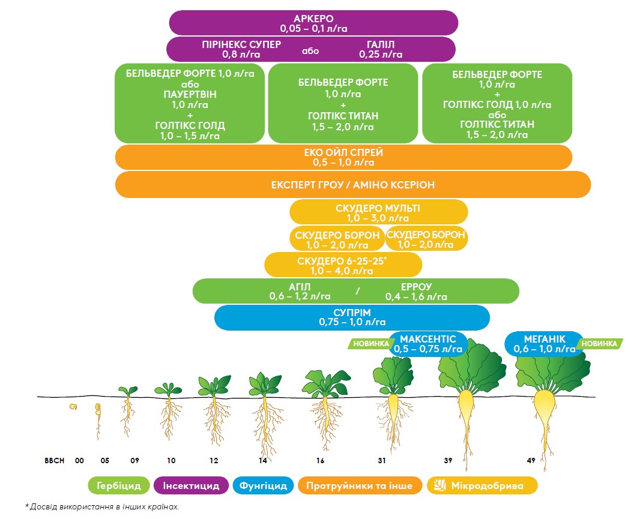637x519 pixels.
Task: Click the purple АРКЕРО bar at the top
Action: pos(313,22)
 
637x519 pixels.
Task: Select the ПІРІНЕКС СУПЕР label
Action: pos(241,49)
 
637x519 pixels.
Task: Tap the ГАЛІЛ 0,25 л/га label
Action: pos(381,49)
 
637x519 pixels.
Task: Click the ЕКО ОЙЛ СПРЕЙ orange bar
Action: pos(343,157)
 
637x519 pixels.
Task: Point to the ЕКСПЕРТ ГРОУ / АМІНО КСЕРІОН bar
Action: pos(352,185)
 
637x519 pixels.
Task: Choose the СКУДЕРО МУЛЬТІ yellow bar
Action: pos(378,212)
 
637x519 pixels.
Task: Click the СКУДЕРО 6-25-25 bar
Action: pos(343,265)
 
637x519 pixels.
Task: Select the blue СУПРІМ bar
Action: pos(352,317)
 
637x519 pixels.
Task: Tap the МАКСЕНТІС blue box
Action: pos(428,344)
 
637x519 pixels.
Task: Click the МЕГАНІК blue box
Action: pos(544,344)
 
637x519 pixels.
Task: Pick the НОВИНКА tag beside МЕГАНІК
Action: pos(598,344)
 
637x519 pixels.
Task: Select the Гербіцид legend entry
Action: pos(118,485)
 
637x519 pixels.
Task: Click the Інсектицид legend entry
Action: pos(191,485)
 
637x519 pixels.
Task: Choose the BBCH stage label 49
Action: pos(531,461)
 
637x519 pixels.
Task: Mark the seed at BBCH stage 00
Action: pos(74,407)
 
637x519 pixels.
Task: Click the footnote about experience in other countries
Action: pos(102,507)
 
